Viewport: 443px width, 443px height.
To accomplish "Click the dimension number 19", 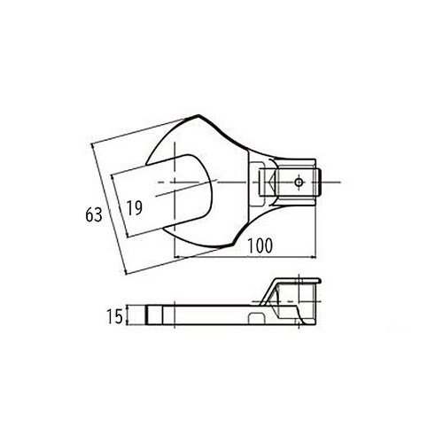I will (x=136, y=208).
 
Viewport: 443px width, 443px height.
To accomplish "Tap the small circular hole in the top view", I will (x=299, y=183).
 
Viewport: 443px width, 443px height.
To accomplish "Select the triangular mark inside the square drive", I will (x=263, y=183).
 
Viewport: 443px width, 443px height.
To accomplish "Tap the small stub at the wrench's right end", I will (x=327, y=183).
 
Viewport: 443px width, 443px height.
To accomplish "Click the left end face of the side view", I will (x=146, y=315).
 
